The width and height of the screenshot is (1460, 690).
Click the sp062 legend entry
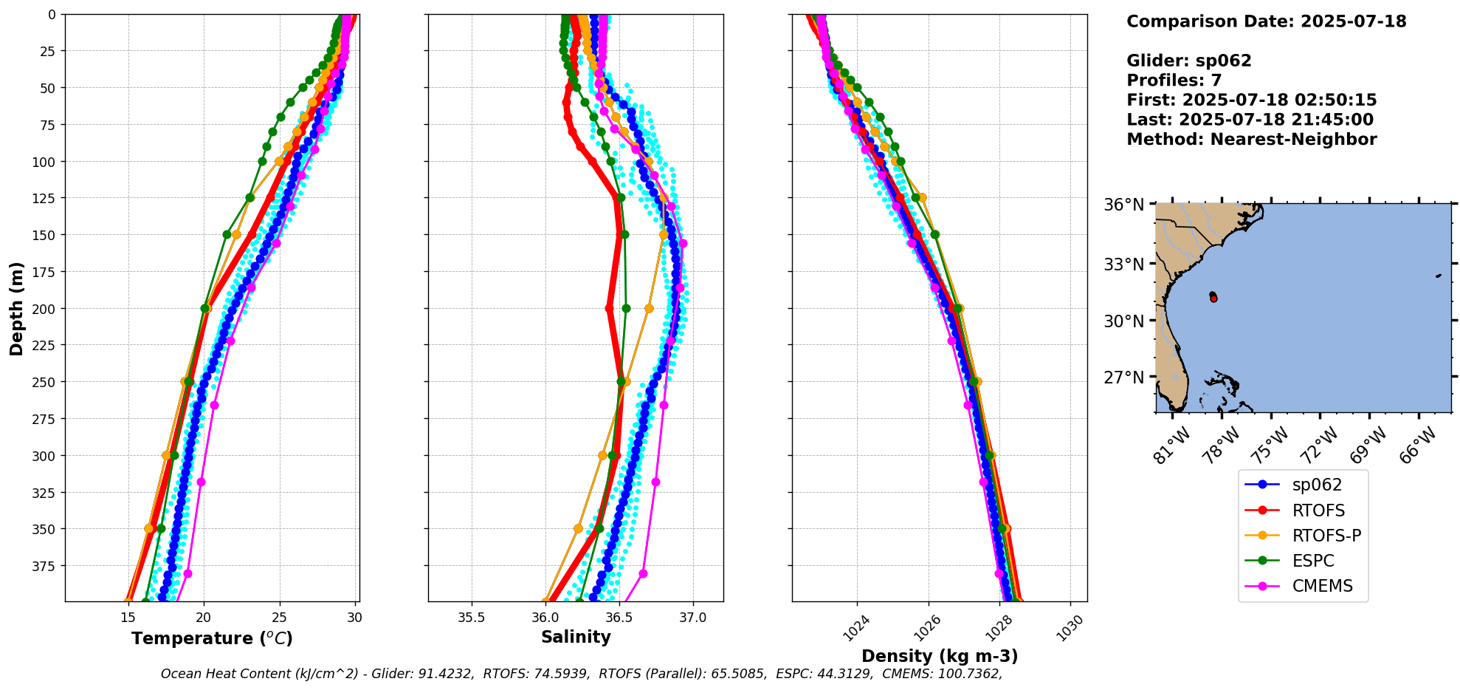(x=1316, y=485)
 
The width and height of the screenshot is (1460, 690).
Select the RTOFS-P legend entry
(x=1326, y=536)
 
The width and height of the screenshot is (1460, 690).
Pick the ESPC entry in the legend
(x=1312, y=561)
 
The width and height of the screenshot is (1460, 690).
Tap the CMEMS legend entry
(x=1322, y=586)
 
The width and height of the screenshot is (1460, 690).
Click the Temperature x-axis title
(x=212, y=638)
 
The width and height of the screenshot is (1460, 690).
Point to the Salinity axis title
(x=576, y=637)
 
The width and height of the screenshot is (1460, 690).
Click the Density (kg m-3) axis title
(x=940, y=656)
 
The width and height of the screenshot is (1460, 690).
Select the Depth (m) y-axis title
(x=16, y=308)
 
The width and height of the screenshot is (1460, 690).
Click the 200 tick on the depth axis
(x=45, y=308)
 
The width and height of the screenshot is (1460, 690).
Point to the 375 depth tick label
(x=45, y=566)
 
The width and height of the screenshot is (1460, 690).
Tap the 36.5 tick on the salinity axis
(x=619, y=618)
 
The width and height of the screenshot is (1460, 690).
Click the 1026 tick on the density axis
(x=928, y=628)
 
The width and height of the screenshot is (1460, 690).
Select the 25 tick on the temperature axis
(x=279, y=618)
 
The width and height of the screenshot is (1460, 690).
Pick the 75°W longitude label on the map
(x=1271, y=443)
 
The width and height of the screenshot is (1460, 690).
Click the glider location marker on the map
(x=1213, y=297)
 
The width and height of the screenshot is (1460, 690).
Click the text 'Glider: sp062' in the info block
(x=1188, y=61)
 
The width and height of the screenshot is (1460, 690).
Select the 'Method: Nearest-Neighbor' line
(x=1251, y=140)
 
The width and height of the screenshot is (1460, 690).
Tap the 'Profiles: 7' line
(x=1174, y=81)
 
